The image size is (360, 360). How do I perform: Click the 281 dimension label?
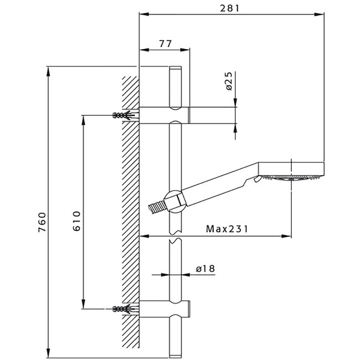pos(229,8)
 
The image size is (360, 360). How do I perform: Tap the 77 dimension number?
pos(165,44)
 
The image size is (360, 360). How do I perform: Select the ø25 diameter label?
pos(229,81)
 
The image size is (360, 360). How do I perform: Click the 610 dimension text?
pos(76,220)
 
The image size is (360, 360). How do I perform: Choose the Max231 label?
pos(227,229)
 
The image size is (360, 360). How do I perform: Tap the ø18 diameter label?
pos(205,269)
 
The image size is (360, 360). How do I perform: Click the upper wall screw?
pos(124,115)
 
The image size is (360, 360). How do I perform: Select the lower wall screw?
pos(124,309)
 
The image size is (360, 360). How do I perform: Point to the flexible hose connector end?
pos(157,207)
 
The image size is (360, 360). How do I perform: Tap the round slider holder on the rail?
pos(175,202)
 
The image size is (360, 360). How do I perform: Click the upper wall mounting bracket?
pos(164,115)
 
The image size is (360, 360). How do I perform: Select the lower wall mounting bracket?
pos(164,309)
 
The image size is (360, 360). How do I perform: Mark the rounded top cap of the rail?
pos(176,68)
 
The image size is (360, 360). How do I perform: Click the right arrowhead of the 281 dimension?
pos(320,14)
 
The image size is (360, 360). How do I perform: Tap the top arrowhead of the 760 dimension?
pos(48,71)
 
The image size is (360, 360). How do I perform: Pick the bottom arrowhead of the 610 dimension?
pos(83,304)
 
